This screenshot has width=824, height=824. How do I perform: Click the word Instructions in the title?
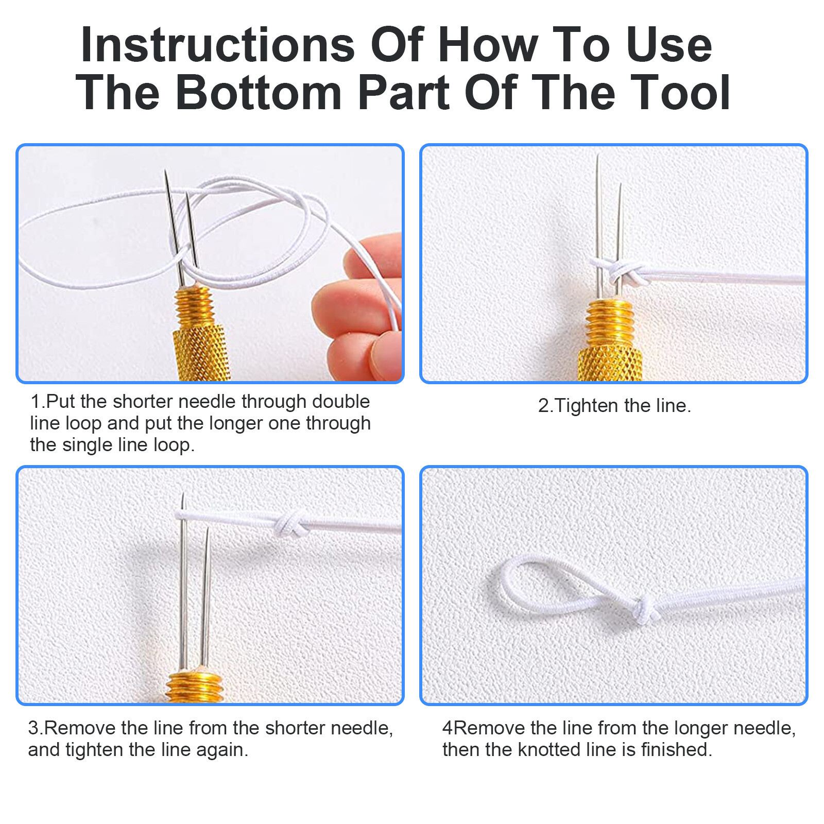coord(217,45)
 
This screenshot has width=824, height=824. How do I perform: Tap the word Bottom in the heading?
coord(259,93)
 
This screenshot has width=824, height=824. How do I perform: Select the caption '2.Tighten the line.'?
coord(614,406)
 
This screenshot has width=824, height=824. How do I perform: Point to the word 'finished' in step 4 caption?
coord(674,750)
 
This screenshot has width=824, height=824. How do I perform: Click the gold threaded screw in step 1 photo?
coord(194,307)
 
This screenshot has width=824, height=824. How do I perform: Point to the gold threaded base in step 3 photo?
coord(194,688)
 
